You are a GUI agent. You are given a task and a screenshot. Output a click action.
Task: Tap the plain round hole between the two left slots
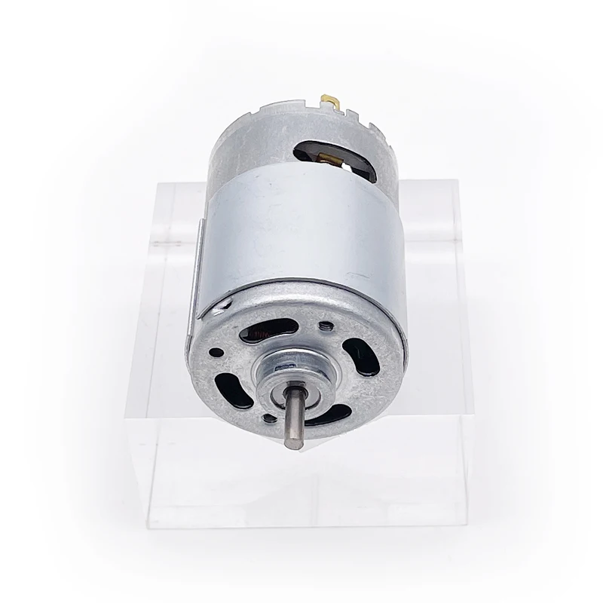[x=216, y=351]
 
